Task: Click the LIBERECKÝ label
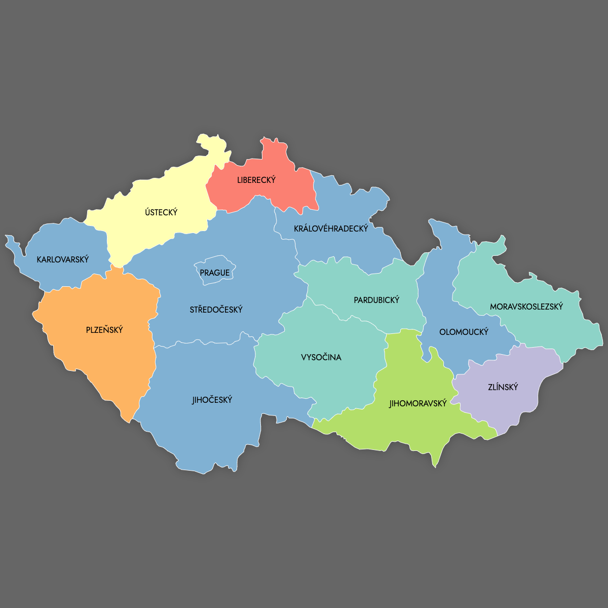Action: point(256,180)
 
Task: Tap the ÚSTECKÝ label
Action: point(161,212)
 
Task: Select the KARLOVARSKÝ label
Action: point(63,259)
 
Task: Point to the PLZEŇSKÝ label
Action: point(104,330)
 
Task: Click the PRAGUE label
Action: point(215,273)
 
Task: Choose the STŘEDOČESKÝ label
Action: point(216,310)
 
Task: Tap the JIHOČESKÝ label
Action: point(212,400)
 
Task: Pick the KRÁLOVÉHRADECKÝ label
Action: point(331,229)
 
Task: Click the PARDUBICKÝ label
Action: point(376,300)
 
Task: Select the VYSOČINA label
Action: point(321,357)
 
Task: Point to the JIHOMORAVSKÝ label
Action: point(418,403)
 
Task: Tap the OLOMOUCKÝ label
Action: point(464,332)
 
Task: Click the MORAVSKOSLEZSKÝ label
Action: point(526,307)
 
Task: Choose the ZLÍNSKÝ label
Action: point(503,387)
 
